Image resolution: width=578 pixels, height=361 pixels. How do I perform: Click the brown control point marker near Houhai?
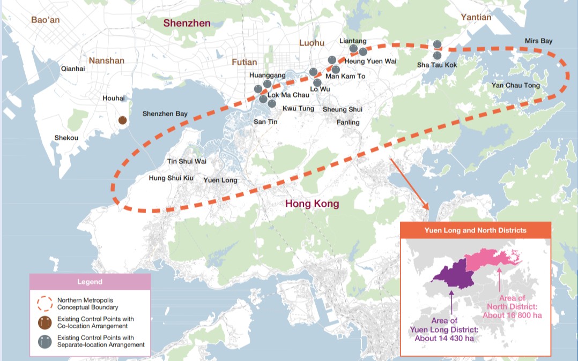[x=123, y=121]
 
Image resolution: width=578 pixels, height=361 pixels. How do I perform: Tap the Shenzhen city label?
[x=187, y=23]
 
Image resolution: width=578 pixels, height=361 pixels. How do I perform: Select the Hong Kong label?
[x=312, y=204]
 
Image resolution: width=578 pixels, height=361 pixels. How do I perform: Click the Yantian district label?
[x=476, y=17]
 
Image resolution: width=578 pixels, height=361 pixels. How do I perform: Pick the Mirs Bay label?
[x=538, y=41]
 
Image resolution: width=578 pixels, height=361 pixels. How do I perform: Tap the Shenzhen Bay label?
[x=165, y=114]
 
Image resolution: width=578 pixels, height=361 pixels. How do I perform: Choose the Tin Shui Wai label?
[x=187, y=161]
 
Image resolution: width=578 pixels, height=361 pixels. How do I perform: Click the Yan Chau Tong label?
[x=515, y=86]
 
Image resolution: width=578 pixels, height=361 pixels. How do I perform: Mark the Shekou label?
[x=66, y=138]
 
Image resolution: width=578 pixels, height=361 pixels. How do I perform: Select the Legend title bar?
[x=90, y=282]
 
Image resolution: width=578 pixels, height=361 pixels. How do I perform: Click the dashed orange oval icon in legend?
[x=45, y=303]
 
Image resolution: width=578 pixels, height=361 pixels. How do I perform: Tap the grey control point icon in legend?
[x=45, y=341]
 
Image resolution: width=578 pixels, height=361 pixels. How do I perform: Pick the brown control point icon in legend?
[x=45, y=322]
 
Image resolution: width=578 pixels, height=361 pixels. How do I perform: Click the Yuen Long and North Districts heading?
[x=475, y=230]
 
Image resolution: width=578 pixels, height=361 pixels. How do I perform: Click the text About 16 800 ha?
[x=512, y=315]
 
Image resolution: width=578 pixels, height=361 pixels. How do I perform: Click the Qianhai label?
[x=73, y=69]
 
